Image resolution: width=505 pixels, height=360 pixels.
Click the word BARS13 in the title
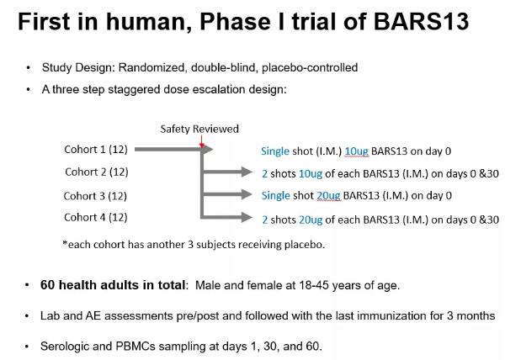(x=421, y=21)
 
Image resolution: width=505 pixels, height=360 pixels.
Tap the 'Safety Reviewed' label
(x=199, y=129)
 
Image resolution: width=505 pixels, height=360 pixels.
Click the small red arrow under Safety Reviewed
(x=202, y=141)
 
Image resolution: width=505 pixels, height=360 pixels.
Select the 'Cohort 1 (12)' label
(x=96, y=149)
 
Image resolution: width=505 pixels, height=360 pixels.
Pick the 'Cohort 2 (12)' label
(x=97, y=172)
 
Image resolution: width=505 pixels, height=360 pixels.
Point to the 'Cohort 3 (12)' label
(x=95, y=196)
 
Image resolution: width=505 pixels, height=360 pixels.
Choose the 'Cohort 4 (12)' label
(x=96, y=218)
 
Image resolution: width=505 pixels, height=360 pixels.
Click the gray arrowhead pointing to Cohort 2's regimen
(x=247, y=172)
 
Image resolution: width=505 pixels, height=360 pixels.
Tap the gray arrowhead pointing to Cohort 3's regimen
(x=247, y=194)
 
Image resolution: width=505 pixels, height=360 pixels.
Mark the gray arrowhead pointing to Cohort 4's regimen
(x=247, y=217)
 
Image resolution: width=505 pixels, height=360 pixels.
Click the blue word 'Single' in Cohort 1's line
(x=275, y=151)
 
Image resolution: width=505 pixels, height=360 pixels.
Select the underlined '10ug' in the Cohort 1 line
(x=357, y=151)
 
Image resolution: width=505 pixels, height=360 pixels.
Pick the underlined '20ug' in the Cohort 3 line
(x=328, y=196)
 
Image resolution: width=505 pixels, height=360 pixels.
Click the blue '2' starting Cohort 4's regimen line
(x=265, y=220)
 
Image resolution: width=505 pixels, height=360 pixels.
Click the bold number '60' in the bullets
(x=47, y=285)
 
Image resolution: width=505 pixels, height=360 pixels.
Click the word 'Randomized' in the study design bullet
(x=151, y=67)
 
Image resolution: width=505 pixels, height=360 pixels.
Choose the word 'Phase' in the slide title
(x=235, y=21)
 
